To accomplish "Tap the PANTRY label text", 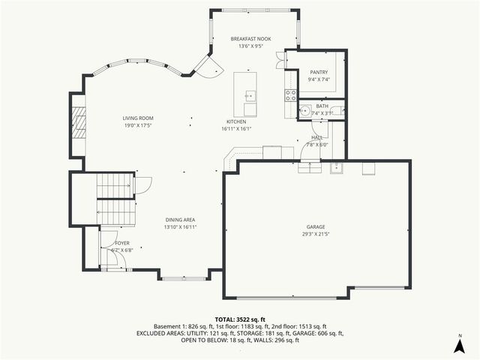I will [318, 72].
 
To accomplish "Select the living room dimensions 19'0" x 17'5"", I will [138, 125].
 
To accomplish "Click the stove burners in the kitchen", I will [290, 94].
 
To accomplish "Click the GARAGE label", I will [316, 226].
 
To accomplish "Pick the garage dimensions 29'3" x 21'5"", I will [316, 233].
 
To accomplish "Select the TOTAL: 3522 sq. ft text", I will [240, 319].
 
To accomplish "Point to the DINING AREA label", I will [180, 220].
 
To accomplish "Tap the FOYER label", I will [121, 244].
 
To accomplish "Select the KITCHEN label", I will [237, 121].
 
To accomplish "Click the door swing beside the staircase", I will [143, 184].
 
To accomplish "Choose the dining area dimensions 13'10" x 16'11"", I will [180, 227].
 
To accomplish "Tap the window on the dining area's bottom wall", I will [184, 278].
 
